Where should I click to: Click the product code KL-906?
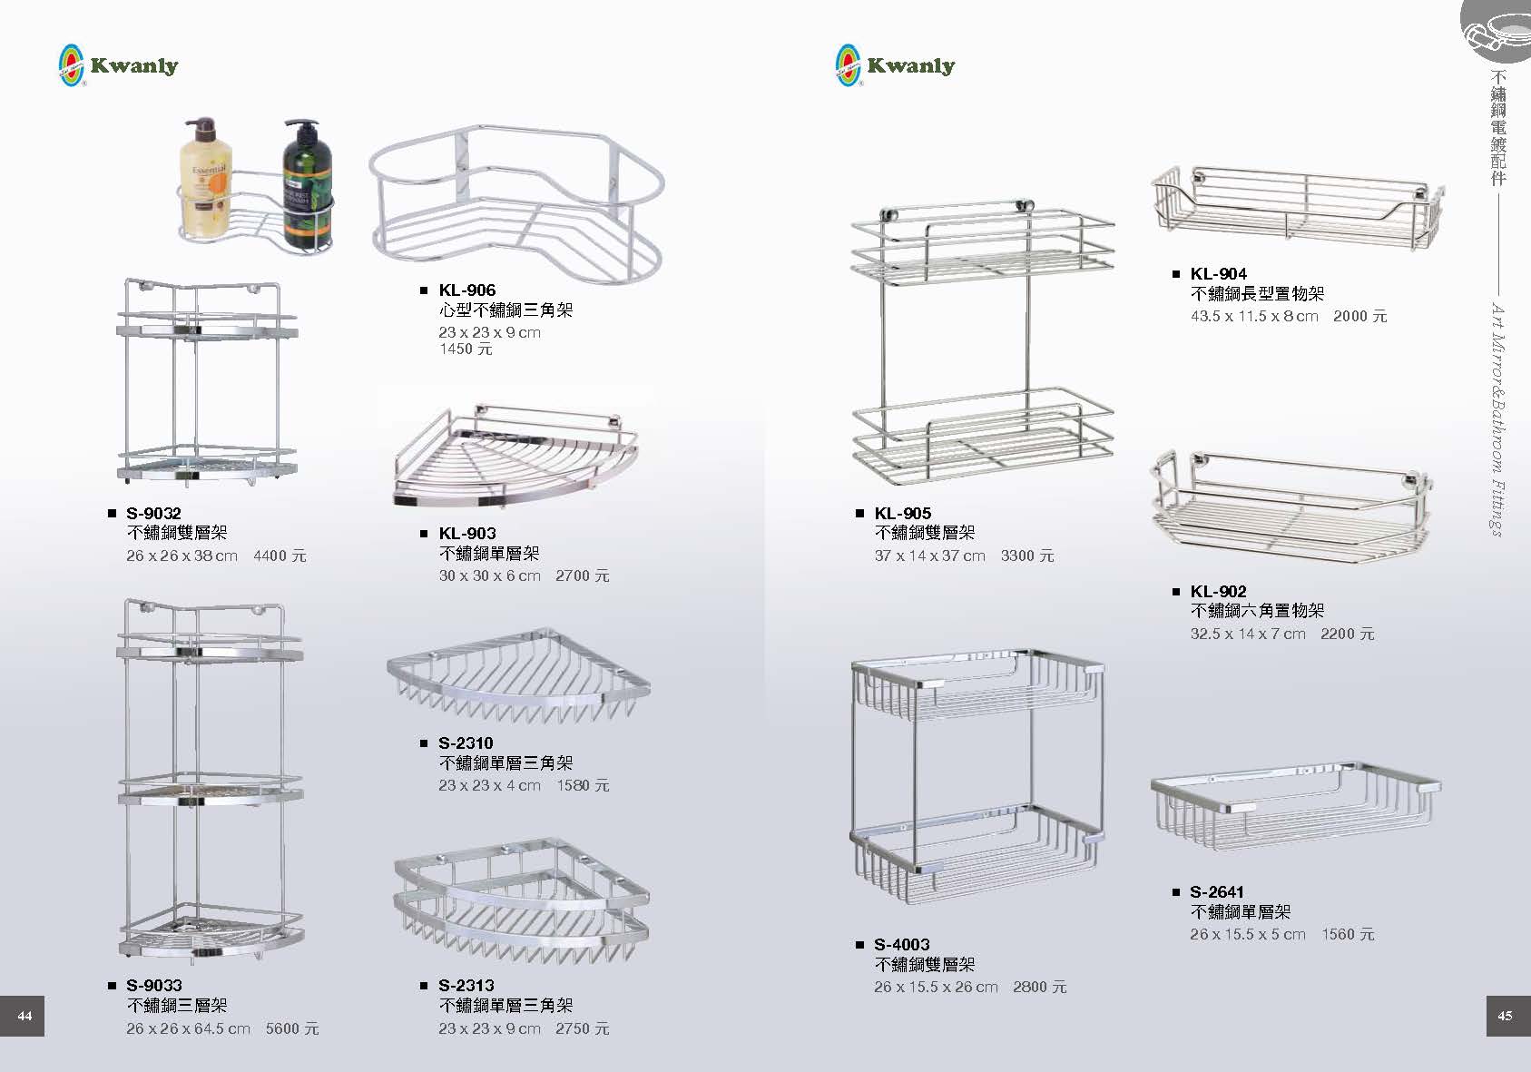point(466,290)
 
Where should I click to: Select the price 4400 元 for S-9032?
point(280,556)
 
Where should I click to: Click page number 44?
point(25,1016)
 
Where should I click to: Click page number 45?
point(1505,1016)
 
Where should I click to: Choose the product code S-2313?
point(466,985)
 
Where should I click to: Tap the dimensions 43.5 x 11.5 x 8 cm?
point(1254,317)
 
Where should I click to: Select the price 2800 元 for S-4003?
point(1040,988)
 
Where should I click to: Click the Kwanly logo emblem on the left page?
point(71,65)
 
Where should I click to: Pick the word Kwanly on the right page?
point(911,65)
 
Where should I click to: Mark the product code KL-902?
point(1218,592)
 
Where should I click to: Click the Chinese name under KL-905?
point(924,533)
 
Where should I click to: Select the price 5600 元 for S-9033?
point(292,1029)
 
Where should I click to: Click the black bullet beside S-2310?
point(424,743)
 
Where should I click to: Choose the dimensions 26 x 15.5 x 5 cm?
point(1247,935)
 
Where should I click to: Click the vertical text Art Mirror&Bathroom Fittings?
point(1497,419)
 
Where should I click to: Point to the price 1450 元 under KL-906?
point(466,349)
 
